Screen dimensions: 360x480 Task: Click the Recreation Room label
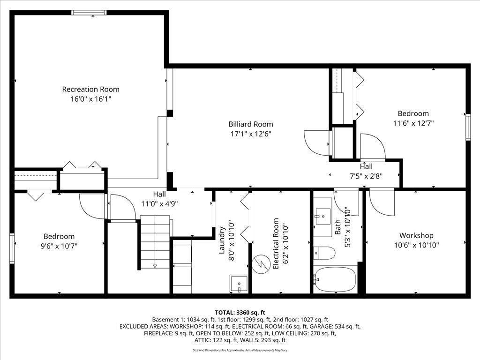90,89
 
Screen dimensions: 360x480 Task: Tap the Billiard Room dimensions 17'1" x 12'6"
250,134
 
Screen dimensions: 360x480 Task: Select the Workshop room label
416,235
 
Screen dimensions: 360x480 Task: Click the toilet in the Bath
325,254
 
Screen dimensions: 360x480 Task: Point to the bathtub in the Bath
336,280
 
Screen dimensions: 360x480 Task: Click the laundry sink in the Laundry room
239,284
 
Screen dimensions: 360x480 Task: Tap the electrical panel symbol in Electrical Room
259,264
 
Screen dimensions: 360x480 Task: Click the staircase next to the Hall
155,241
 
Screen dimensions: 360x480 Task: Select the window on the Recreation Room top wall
85,13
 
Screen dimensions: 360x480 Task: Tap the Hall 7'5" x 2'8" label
366,171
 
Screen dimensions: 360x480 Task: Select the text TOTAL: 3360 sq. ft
240,312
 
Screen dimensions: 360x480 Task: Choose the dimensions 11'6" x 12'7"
413,123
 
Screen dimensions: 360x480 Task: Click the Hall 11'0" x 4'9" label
159,199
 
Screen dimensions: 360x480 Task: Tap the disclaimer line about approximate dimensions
240,350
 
